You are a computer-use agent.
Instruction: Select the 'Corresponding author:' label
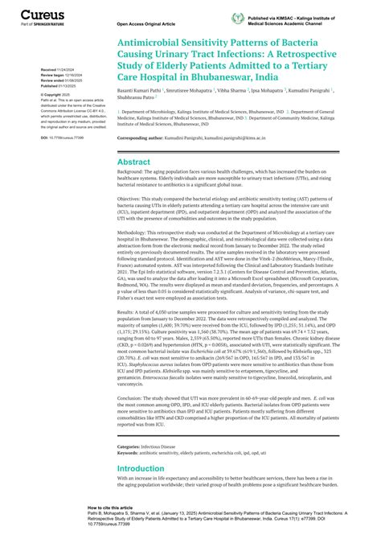coord(141,138)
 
